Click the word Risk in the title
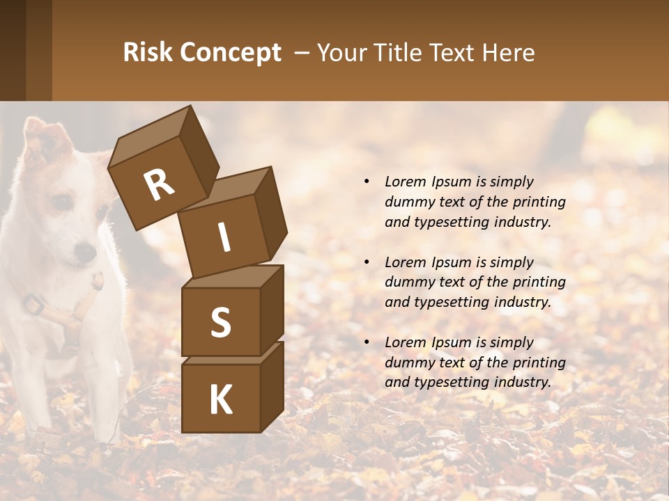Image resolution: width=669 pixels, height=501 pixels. pyautogui.click(x=148, y=53)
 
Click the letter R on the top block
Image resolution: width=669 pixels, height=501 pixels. pyautogui.click(x=159, y=185)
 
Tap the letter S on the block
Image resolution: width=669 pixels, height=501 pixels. pyautogui.click(x=220, y=322)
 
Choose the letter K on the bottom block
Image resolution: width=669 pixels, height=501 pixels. pyautogui.click(x=220, y=400)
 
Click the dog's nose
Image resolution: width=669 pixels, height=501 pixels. pyautogui.click(x=86, y=251)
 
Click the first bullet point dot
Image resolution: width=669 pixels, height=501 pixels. pyautogui.click(x=367, y=182)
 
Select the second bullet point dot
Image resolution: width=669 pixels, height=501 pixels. pyautogui.click(x=367, y=262)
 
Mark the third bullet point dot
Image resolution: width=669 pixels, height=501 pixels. pyautogui.click(x=367, y=342)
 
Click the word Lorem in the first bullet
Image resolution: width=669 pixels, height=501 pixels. pyautogui.click(x=404, y=182)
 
